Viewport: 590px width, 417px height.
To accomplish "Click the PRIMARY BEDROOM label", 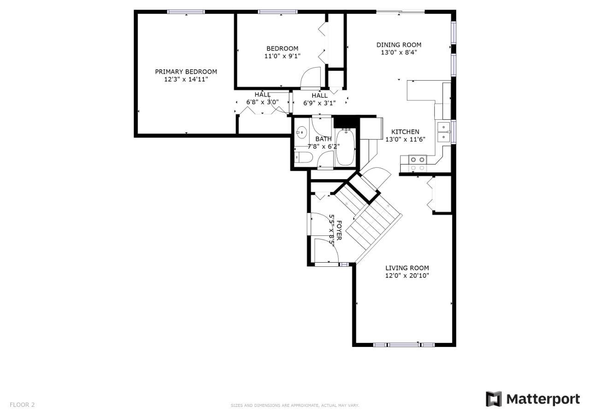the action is pos(186,71).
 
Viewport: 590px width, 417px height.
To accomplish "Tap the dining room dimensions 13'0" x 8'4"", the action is pos(399,53).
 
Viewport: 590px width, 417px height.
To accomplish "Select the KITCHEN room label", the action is pos(405,132).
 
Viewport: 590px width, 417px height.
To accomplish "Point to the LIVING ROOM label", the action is pos(407,268).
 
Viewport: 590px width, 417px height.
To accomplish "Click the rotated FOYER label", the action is pos(339,230).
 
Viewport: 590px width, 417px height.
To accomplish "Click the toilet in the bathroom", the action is pos(303,158).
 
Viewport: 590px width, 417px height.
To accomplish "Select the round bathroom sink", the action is pos(301,132).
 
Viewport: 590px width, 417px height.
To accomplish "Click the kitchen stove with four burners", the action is pos(418,163).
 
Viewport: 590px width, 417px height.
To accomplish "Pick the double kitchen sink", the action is pos(443,132).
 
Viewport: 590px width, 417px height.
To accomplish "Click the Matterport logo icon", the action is pos(494,399).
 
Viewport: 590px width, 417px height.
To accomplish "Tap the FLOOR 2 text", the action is pos(22,405).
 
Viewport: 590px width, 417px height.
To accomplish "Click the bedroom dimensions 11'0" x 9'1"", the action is pos(283,56).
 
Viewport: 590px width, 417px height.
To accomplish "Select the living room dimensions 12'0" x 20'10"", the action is pos(407,276).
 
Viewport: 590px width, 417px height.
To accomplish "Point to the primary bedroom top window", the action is pos(186,12).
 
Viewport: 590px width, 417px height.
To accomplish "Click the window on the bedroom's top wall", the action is pos(277,12).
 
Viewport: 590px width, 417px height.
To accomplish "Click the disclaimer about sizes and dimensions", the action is pos(295,405).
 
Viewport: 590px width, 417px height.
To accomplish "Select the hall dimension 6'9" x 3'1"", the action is pos(319,103).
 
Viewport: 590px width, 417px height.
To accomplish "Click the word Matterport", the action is pos(543,399).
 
